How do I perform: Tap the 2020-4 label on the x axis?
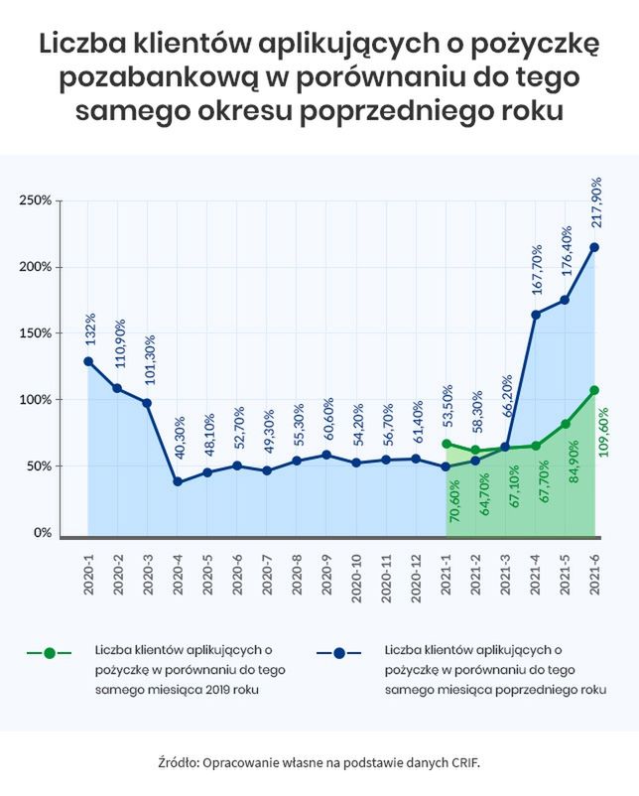tap(179, 573)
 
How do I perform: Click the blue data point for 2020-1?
tap(88, 361)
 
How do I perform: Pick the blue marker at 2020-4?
tap(178, 481)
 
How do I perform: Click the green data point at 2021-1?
tap(447, 444)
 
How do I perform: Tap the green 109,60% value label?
tap(605, 429)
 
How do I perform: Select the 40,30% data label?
tap(179, 443)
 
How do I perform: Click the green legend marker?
tap(48, 653)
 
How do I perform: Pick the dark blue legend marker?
tap(337, 653)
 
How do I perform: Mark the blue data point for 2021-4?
tap(536, 315)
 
